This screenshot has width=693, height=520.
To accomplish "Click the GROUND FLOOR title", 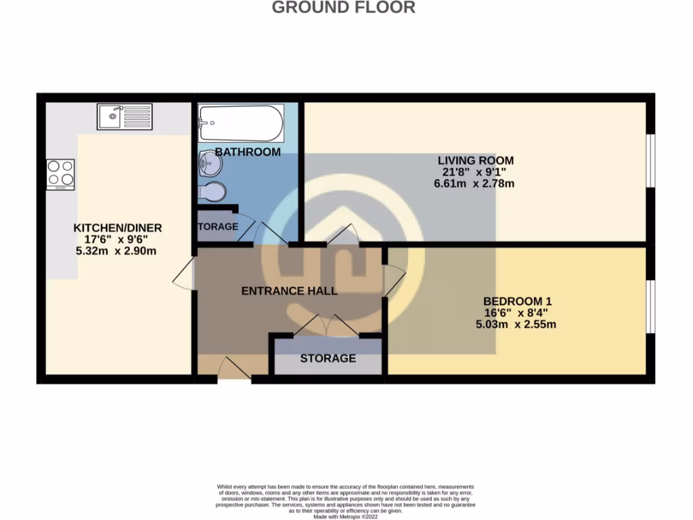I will pyautogui.click(x=344, y=8).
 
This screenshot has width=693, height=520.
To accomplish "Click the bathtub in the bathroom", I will pyautogui.click(x=240, y=123).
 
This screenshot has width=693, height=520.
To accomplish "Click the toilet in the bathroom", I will pyautogui.click(x=213, y=192).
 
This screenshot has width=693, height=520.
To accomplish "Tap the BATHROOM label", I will pyautogui.click(x=248, y=152).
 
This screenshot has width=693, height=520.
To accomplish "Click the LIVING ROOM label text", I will pyautogui.click(x=475, y=160).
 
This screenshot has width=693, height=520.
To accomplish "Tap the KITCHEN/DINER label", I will pyautogui.click(x=118, y=227).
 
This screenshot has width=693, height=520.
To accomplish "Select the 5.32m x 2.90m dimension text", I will pyautogui.click(x=118, y=251).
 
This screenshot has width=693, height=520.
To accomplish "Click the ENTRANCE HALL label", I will pyautogui.click(x=289, y=291).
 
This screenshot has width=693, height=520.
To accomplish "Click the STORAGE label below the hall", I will pyautogui.click(x=328, y=358).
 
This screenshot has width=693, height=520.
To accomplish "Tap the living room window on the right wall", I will pyautogui.click(x=649, y=160).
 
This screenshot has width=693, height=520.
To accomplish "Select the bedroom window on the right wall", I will pyautogui.click(x=649, y=306).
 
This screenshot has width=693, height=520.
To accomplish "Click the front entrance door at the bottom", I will pyautogui.click(x=233, y=371).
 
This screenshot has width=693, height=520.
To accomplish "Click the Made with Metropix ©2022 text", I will pyautogui.click(x=346, y=517).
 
